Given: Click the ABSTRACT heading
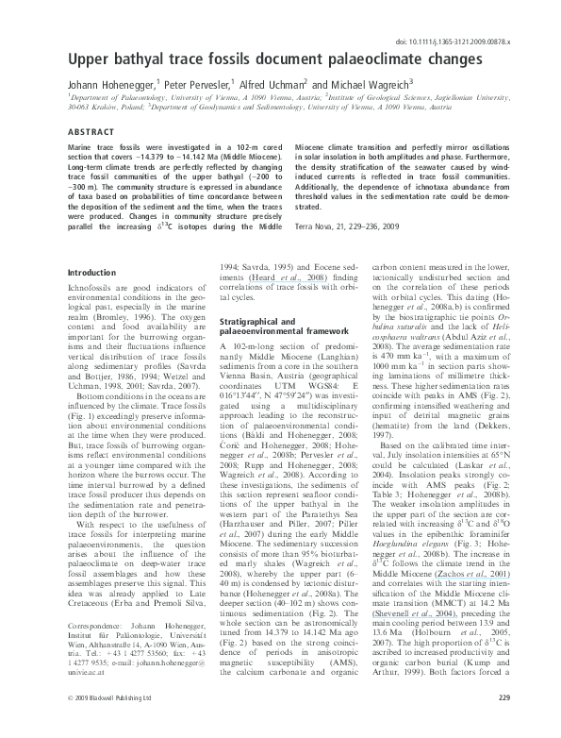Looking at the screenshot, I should coord(87,133).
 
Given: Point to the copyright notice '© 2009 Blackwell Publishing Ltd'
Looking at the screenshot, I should coord(98,724).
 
